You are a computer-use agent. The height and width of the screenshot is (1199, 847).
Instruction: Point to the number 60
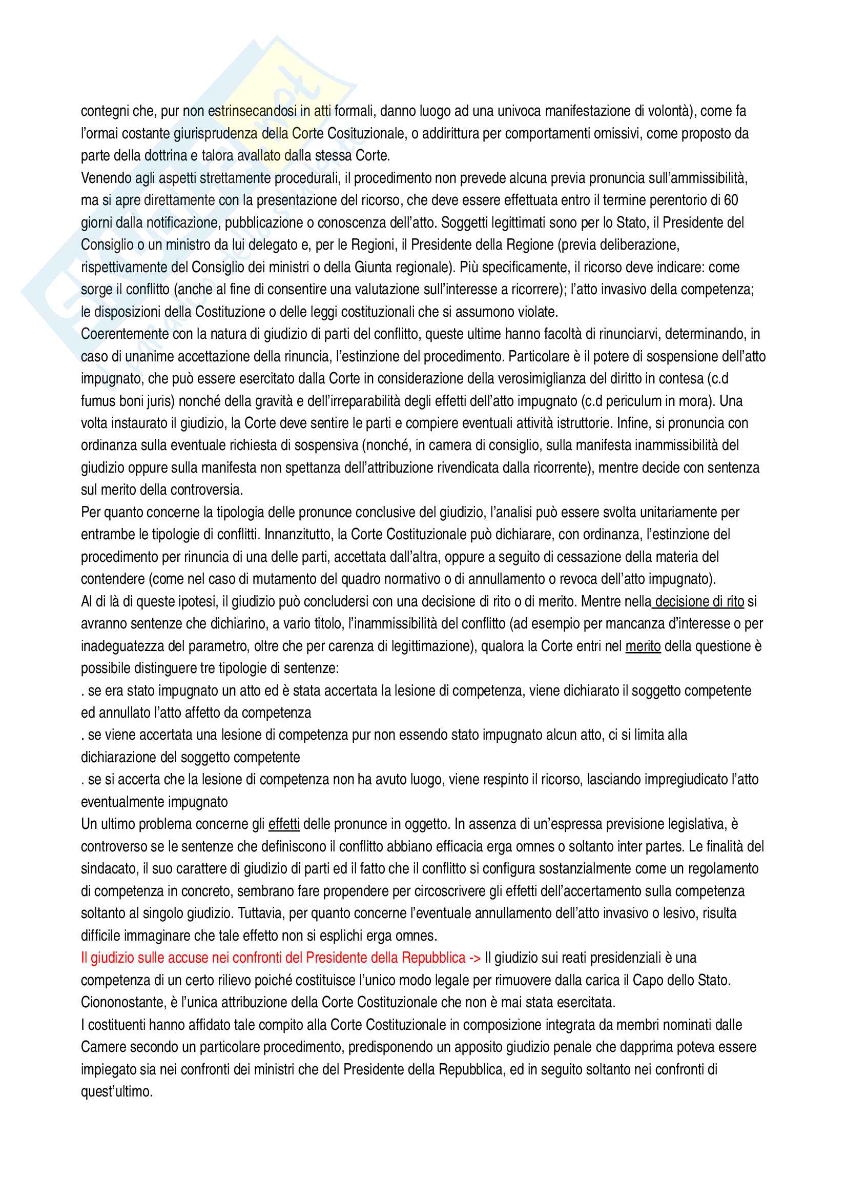tap(731, 200)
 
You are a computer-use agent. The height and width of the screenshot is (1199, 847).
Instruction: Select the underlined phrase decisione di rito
tap(699, 602)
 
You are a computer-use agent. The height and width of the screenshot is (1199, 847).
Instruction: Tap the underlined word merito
tap(643, 646)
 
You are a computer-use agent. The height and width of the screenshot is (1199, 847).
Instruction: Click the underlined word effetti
tap(284, 824)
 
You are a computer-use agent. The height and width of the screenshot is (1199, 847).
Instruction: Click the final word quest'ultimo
tap(116, 1092)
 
